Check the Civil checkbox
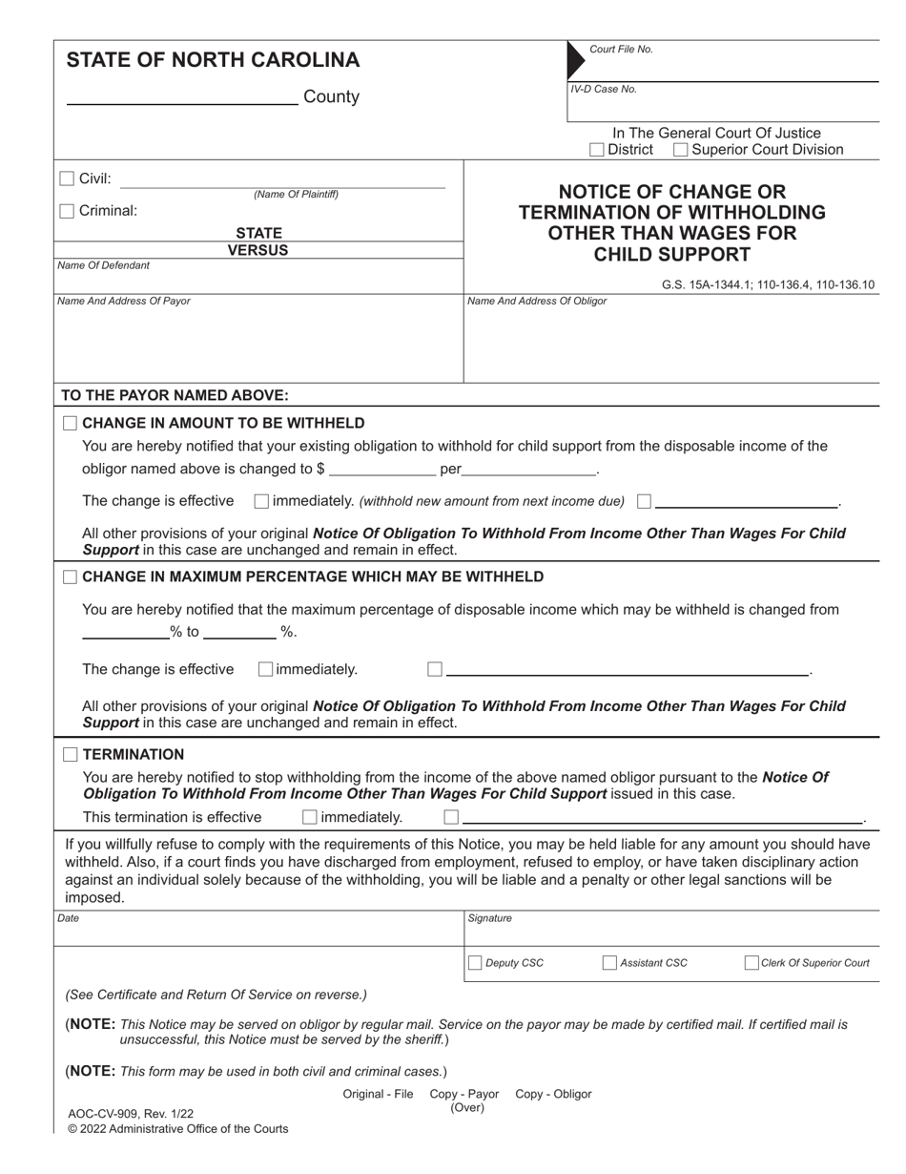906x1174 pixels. pos(67,178)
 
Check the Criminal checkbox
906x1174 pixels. pos(67,211)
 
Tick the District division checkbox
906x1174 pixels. pos(597,150)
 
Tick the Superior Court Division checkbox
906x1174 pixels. pos(681,150)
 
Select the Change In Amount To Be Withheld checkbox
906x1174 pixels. pos(71,424)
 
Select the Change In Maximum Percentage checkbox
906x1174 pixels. pos(71,577)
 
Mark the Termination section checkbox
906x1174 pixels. pos(71,755)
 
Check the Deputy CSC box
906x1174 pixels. pos(475,963)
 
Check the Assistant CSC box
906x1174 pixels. pos(609,963)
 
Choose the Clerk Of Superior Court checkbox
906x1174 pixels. pos(752,963)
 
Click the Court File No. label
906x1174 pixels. pos(621,50)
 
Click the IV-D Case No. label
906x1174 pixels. pos(604,90)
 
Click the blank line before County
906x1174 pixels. pos(181,97)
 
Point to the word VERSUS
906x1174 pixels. pos(257,251)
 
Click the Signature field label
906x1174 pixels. pos(489,919)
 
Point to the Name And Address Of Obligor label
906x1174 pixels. pos(537,302)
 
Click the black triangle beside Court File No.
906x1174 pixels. pos(575,59)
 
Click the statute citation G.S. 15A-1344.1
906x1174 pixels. pos(706,284)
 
